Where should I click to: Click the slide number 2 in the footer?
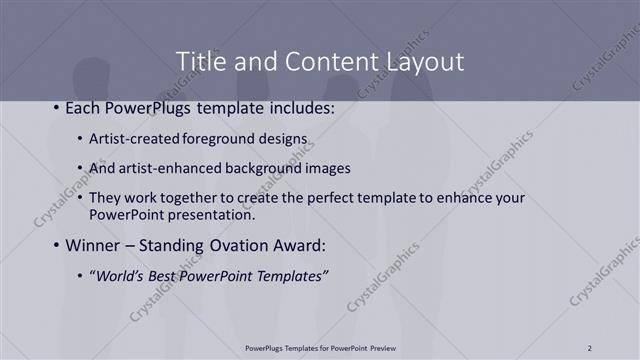tap(590, 348)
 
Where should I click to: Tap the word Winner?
tap(92, 245)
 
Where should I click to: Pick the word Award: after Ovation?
tap(306, 245)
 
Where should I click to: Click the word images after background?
tap(328, 168)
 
